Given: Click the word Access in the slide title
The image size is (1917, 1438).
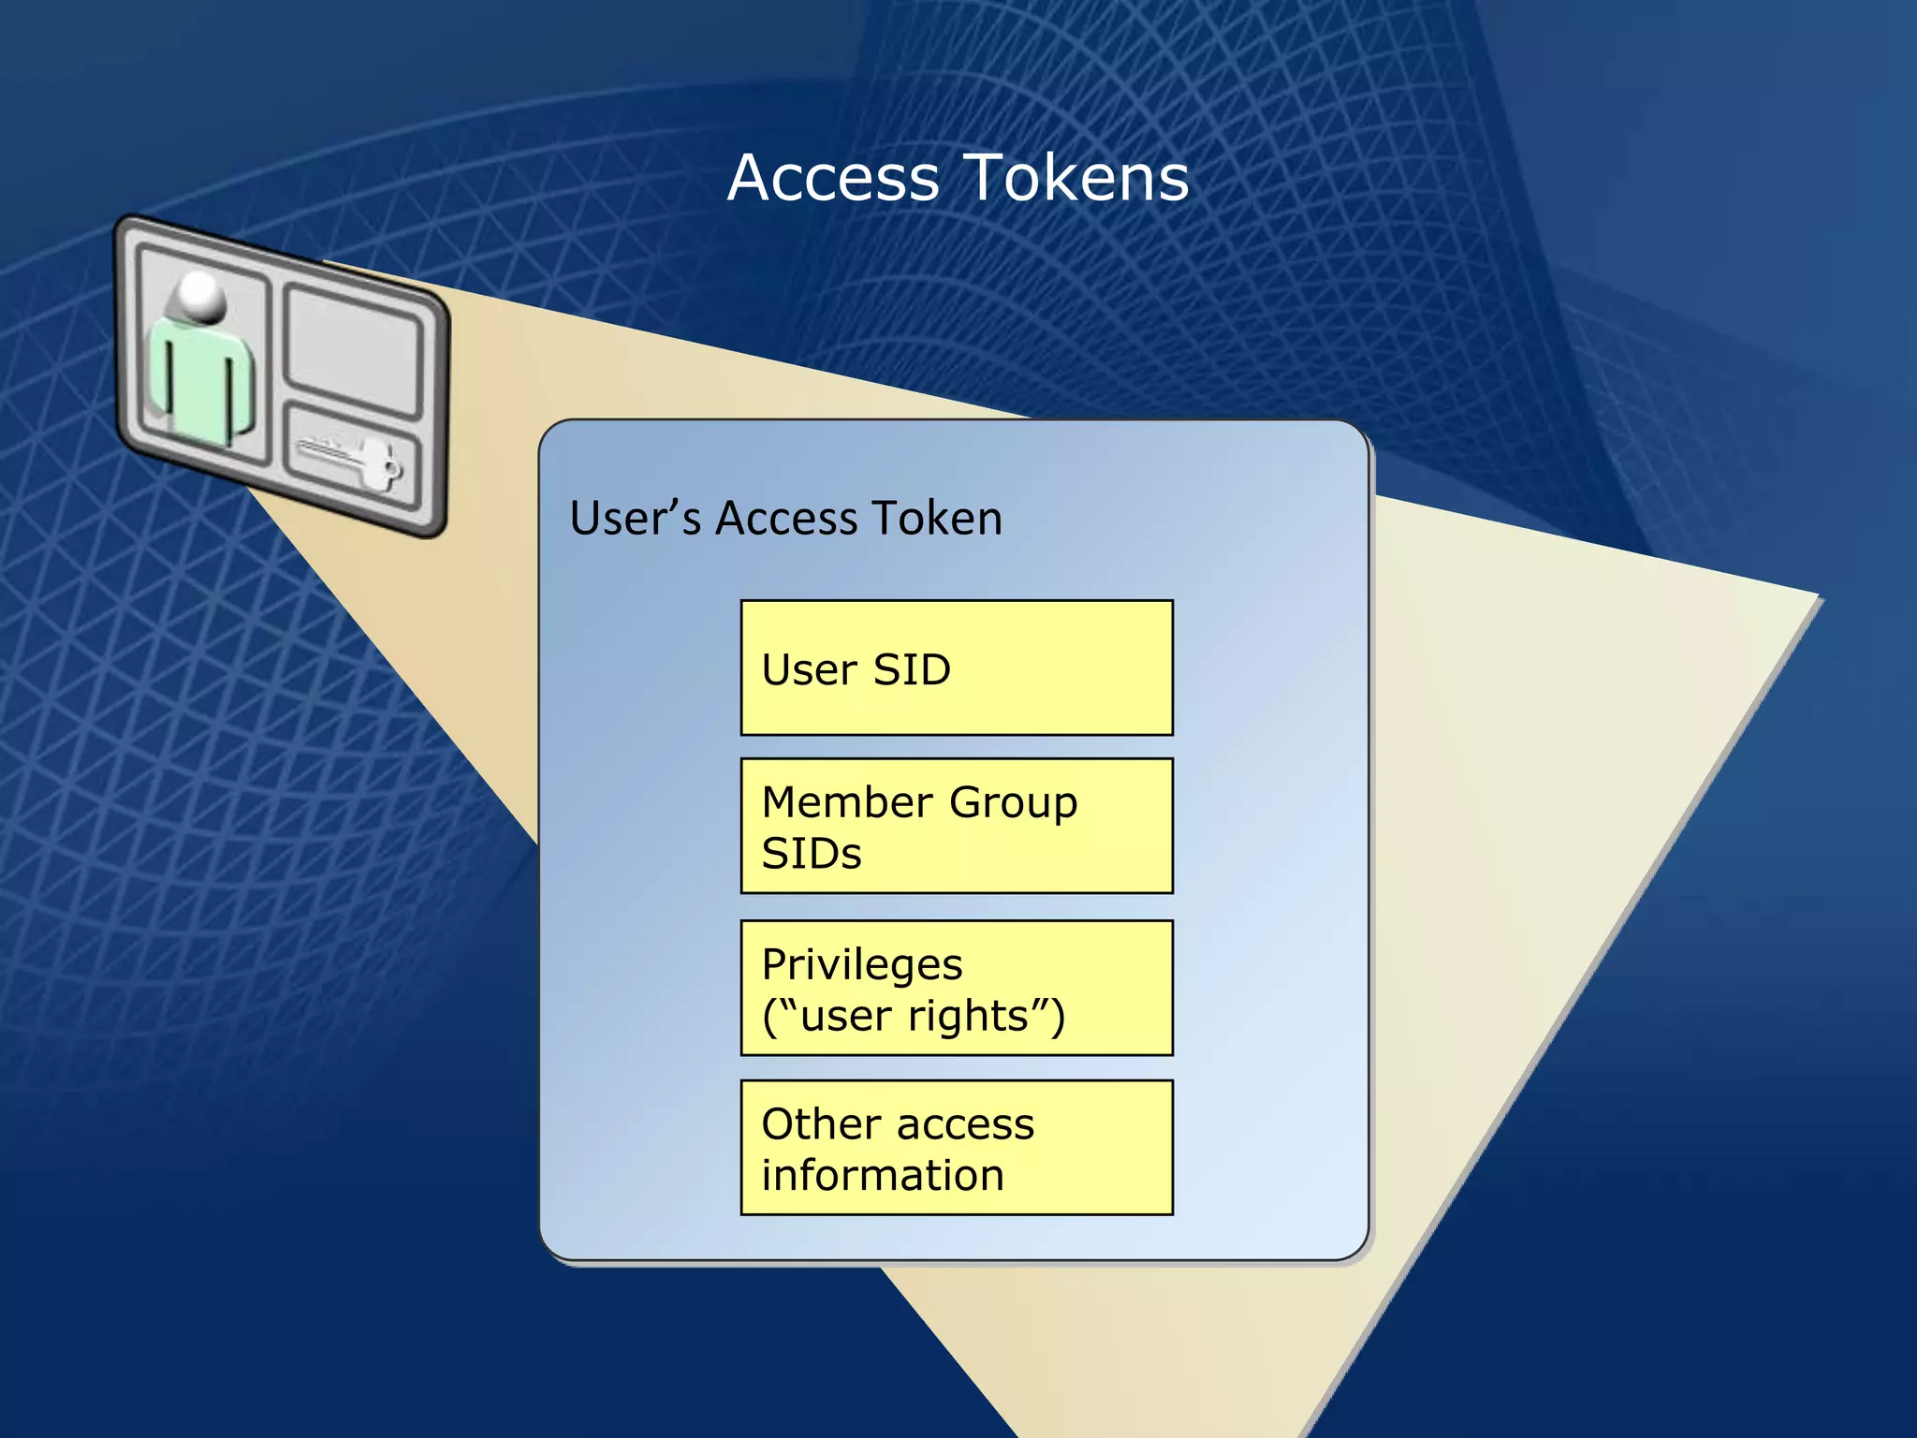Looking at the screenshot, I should click(x=833, y=178).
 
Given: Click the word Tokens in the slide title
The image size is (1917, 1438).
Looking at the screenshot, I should click(x=1076, y=178).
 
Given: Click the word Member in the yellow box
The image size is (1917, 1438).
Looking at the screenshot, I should click(x=847, y=803).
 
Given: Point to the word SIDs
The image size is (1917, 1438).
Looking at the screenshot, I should click(x=812, y=855).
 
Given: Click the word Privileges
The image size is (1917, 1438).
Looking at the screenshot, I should click(x=862, y=965).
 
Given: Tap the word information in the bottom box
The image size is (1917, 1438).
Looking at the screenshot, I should click(x=883, y=1176).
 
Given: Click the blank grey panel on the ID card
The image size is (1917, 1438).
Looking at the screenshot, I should click(x=354, y=348).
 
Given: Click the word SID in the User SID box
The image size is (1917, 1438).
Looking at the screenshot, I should click(x=912, y=670).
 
